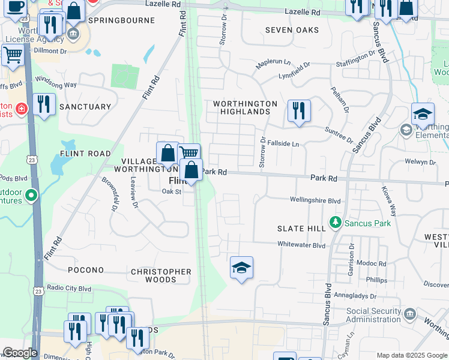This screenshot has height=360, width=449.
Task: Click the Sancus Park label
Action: tap(367, 224)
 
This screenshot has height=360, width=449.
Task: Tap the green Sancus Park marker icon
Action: tap(336, 224)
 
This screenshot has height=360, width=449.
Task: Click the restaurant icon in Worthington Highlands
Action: tap(298, 111)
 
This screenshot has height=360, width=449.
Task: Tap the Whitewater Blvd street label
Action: tap(301, 245)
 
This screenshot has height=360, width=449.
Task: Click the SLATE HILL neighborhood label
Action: tap(301, 229)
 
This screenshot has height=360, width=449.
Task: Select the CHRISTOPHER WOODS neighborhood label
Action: tap(161, 275)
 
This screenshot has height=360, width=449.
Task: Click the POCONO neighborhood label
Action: tap(86, 270)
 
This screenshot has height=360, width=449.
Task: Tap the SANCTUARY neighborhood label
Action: tap(86, 107)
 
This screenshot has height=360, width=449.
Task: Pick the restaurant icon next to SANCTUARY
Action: tap(44, 104)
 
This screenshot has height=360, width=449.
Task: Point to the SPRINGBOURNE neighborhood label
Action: tap(117, 20)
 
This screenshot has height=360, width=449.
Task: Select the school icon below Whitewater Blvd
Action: tap(241, 268)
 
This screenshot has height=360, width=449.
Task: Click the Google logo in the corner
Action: tap(20, 353)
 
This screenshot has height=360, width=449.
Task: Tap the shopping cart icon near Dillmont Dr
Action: tap(12, 55)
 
